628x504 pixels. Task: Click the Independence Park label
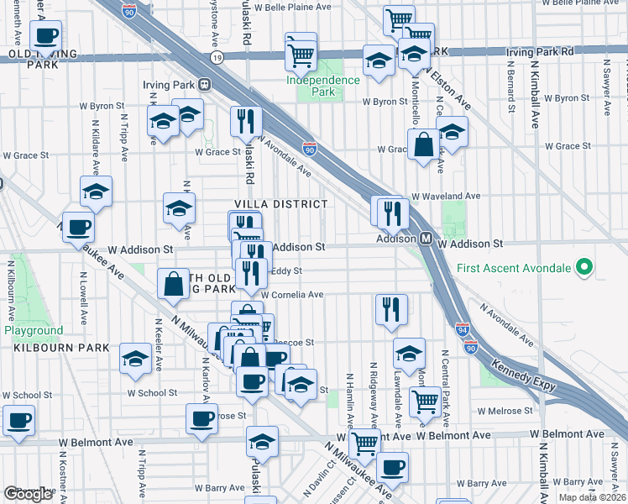tap(323, 80)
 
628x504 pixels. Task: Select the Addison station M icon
tap(426, 239)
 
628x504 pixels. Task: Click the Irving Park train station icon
tap(203, 84)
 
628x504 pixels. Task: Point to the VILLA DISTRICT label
tap(280, 204)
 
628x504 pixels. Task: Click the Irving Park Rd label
tap(540, 51)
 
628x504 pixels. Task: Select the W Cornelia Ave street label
tap(291, 295)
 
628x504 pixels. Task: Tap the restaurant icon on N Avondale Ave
tap(246, 122)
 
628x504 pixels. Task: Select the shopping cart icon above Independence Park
tap(301, 55)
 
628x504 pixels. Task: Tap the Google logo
tap(28, 494)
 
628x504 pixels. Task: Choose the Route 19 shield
tap(217, 58)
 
